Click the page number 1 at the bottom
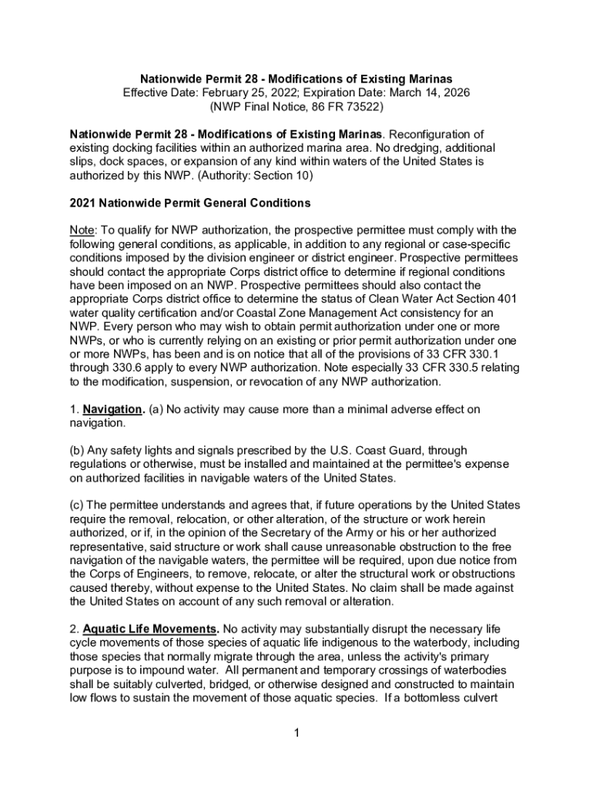[x=296, y=732]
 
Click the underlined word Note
[x=81, y=230]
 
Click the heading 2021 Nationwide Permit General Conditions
[x=190, y=203]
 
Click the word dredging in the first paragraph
[x=409, y=147]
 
